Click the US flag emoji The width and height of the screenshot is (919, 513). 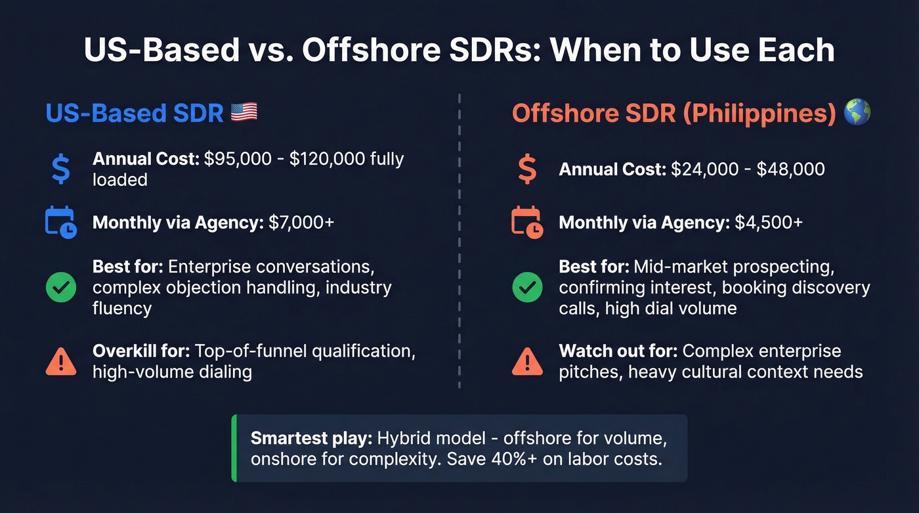point(244,112)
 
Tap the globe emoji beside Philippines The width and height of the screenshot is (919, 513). point(858,112)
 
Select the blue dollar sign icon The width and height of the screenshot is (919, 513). point(60,168)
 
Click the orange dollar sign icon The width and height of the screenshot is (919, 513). point(527,169)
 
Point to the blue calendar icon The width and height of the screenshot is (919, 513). point(60,222)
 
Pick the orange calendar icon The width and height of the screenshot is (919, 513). point(527,222)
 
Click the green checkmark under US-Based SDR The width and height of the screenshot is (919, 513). point(60,287)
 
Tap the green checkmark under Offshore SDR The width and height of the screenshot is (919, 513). point(527,287)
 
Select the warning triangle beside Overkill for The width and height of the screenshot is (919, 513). point(60,361)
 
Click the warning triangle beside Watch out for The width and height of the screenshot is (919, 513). point(527,361)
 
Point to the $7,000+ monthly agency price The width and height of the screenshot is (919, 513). point(301,222)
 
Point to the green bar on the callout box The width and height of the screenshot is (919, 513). point(234,448)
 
